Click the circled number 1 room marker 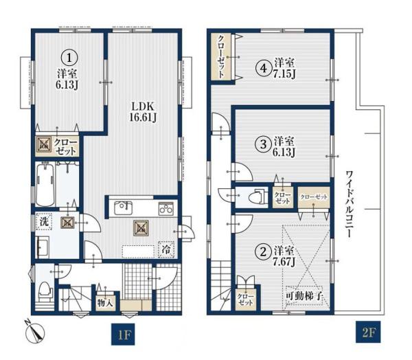coord(69,58)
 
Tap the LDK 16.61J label coord(143,112)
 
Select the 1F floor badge coord(123,334)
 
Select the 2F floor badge coord(368,332)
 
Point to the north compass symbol coord(35,331)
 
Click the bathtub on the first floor coord(45,184)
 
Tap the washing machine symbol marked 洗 coord(44,222)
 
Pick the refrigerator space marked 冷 coord(166,249)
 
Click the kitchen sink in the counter coord(123,208)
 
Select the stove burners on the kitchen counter coord(165,209)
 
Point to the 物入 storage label coord(105,303)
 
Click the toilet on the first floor coord(45,292)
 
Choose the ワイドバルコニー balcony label coord(350,204)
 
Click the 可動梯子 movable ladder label coord(304,296)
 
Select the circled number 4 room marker coord(264,69)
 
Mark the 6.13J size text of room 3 coord(284,153)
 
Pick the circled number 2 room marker coord(264,251)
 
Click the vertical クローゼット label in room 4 coord(221,56)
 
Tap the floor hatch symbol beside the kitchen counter coord(141,227)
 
